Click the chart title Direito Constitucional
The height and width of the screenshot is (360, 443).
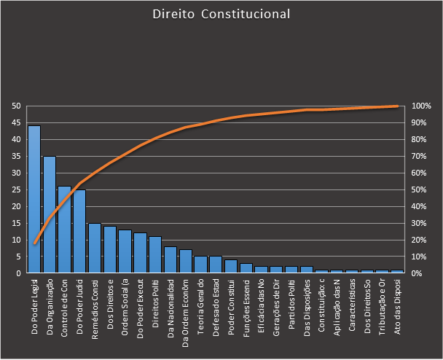pyautogui.click(x=221, y=15)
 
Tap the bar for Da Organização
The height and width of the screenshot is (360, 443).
pyautogui.click(x=50, y=214)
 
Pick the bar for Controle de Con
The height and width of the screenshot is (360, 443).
pyautogui.click(x=65, y=230)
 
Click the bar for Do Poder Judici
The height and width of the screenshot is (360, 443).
pyautogui.click(x=79, y=231)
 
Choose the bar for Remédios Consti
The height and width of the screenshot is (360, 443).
pyautogui.click(x=95, y=248)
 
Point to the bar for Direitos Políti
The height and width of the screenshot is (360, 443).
pyautogui.click(x=155, y=254)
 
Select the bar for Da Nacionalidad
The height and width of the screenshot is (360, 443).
pyautogui.click(x=170, y=259)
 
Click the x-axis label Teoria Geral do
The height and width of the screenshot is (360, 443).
pyautogui.click(x=200, y=300)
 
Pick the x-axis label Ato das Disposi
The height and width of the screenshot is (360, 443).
pyautogui.click(x=397, y=301)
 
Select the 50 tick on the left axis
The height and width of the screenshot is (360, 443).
pyautogui.click(x=15, y=106)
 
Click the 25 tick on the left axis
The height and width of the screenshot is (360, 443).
pyautogui.click(x=15, y=189)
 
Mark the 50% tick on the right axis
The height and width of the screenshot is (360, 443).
pyautogui.click(x=421, y=189)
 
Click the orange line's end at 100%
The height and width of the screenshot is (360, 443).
pyautogui.click(x=397, y=106)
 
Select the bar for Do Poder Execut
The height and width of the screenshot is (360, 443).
pyautogui.click(x=140, y=253)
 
